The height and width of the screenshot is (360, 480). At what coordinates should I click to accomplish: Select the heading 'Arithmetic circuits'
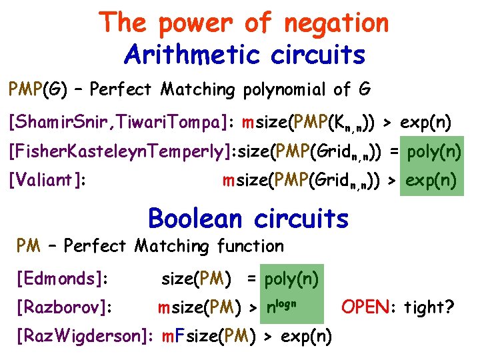pyautogui.click(x=245, y=55)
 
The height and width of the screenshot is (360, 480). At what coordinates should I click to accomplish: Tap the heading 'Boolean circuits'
pyautogui.click(x=248, y=218)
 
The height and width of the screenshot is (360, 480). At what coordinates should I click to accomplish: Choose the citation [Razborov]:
pyautogui.click(x=64, y=307)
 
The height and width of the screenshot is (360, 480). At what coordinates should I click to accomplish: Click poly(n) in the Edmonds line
pyautogui.click(x=291, y=278)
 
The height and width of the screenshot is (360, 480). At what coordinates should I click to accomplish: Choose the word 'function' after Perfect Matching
pyautogui.click(x=250, y=246)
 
